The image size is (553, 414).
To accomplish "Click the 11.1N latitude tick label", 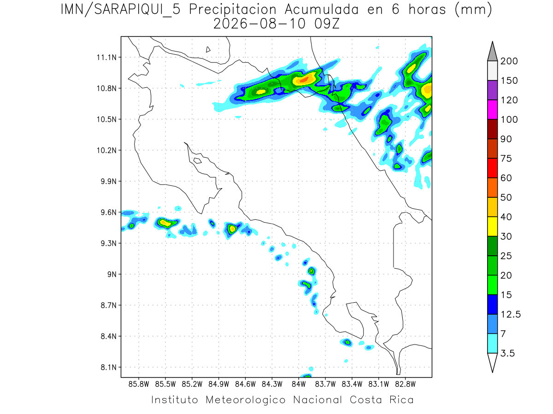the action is (x=106, y=57).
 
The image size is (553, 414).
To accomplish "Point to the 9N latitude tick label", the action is (x=112, y=274).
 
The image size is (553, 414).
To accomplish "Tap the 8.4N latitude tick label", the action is (x=109, y=336).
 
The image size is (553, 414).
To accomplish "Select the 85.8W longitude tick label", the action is (x=139, y=385).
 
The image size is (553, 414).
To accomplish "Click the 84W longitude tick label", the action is (x=299, y=385).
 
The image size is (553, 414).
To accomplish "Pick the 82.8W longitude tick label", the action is (x=405, y=385).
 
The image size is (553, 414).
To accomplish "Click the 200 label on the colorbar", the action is (x=509, y=61).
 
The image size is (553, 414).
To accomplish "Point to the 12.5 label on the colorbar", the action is (x=511, y=314).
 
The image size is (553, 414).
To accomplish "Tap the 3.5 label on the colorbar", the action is (x=507, y=353).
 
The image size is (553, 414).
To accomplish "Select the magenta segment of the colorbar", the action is (x=492, y=109).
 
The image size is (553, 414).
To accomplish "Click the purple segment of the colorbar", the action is (x=492, y=90).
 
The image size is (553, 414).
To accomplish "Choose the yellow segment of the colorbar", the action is (x=492, y=226).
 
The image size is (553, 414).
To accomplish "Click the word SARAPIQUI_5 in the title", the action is (x=137, y=10).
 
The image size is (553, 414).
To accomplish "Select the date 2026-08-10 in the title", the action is (x=259, y=24).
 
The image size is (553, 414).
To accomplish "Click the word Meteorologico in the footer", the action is (x=245, y=400).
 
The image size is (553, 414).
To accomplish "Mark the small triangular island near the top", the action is (x=208, y=49).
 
